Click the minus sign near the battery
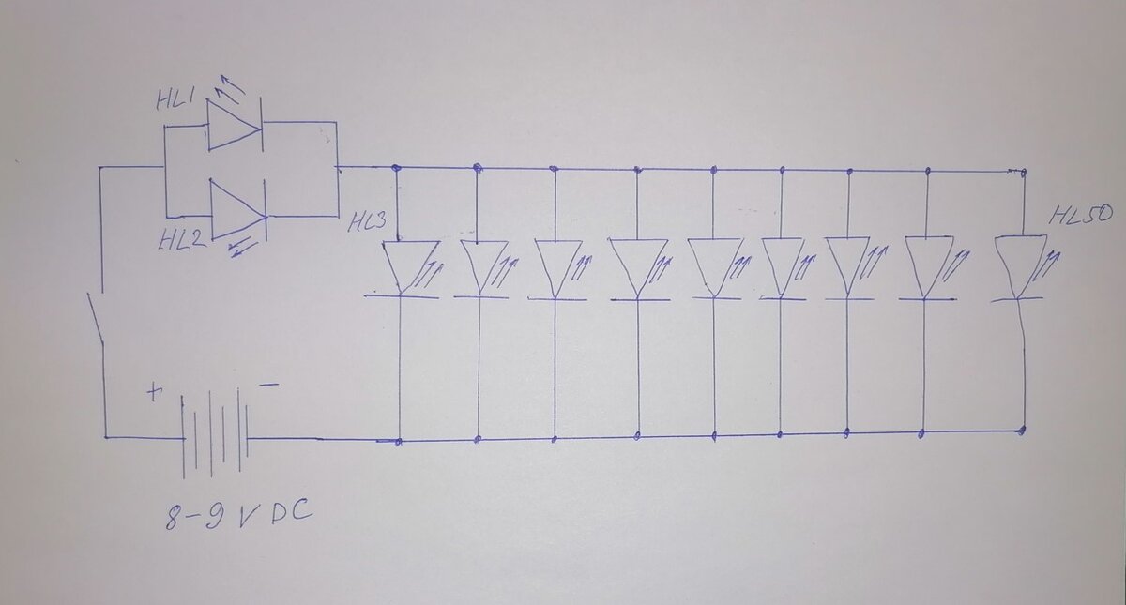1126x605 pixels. click(x=268, y=385)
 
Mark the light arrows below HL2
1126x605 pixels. click(x=244, y=248)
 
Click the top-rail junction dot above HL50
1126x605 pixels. click(x=1023, y=172)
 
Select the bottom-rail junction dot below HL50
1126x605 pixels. click(x=1022, y=431)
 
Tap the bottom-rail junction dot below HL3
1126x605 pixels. click(x=401, y=441)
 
